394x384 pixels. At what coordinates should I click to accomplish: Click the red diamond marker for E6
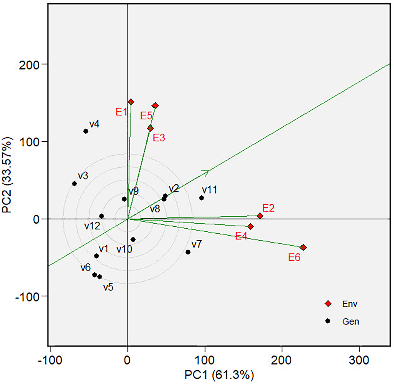[303, 247]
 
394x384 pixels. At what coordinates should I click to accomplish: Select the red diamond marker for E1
[131, 102]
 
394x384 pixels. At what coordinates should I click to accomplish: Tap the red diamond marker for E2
[260, 216]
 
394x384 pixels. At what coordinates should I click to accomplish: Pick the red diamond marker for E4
[251, 227]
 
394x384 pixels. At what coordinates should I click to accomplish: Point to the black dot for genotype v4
[86, 131]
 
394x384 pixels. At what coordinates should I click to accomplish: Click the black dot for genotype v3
[74, 184]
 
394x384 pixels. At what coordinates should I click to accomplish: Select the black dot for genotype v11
[201, 198]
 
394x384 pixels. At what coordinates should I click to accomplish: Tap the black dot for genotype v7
[188, 252]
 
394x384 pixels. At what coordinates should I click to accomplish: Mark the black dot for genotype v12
[102, 216]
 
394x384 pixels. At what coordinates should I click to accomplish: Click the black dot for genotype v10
[133, 239]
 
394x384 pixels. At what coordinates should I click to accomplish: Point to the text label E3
[159, 138]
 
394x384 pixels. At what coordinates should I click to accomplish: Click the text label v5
[108, 287]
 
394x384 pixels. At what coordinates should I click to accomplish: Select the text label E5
[146, 116]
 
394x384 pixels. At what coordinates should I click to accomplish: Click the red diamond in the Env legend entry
[328, 304]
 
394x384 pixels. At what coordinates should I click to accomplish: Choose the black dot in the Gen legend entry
[328, 321]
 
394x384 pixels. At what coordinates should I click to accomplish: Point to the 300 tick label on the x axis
[359, 360]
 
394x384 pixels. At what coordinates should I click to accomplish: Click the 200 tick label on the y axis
[29, 64]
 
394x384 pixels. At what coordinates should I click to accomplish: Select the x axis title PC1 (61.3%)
[219, 375]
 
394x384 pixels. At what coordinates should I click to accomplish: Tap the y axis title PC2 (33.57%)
[7, 175]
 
